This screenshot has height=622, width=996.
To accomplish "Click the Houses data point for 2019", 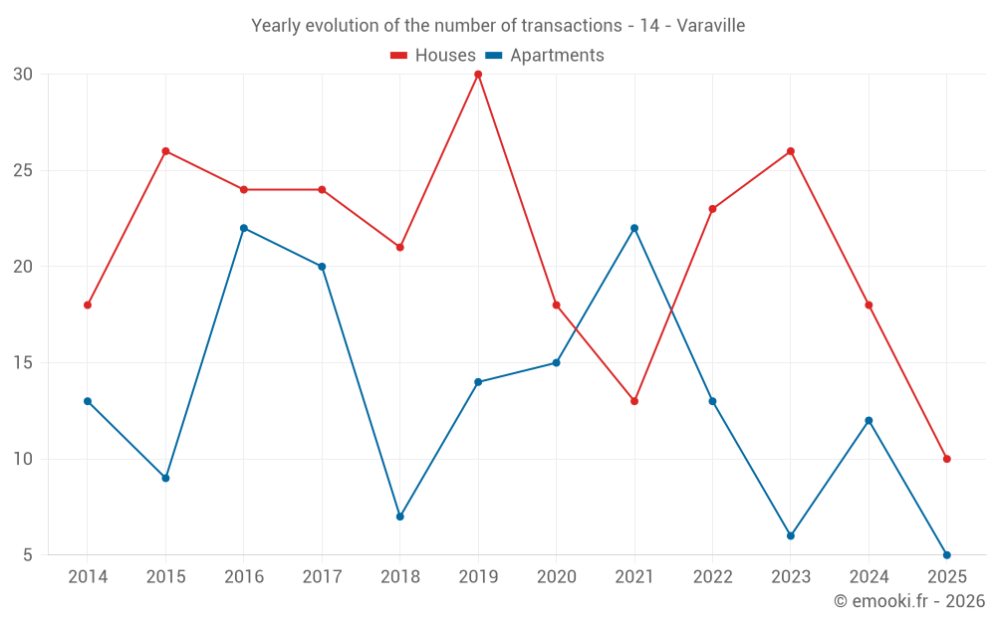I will coord(478,75).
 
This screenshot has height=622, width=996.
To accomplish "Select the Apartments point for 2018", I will coord(399,517).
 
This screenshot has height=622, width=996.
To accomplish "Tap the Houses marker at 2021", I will coord(634,401).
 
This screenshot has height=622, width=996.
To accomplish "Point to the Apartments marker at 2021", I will coord(634,228).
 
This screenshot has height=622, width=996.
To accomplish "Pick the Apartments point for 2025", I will coord(947,554).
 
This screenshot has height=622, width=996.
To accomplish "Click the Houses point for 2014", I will coord(88,305).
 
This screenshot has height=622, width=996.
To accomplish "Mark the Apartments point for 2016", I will coord(244,228).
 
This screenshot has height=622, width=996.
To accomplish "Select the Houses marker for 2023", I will coord(791,151).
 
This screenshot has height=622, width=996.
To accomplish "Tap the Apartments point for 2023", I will coord(791,535).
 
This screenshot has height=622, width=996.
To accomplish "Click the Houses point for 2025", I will coord(947,459).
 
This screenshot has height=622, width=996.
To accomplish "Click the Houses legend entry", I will coord(433,56).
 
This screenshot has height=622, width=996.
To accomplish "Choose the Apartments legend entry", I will coord(545,56).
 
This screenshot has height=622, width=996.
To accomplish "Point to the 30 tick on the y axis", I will coord(23,75).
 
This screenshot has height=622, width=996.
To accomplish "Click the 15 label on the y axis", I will coord(23,363).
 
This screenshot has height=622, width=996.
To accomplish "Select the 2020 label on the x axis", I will coord(556,577).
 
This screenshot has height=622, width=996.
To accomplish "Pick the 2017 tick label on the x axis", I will coord(322,577).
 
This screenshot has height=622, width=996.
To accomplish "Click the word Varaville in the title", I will coord(711,26).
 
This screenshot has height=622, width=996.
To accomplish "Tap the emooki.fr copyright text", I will coord(909,601).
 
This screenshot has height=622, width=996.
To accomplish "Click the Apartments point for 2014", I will coord(88,401).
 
